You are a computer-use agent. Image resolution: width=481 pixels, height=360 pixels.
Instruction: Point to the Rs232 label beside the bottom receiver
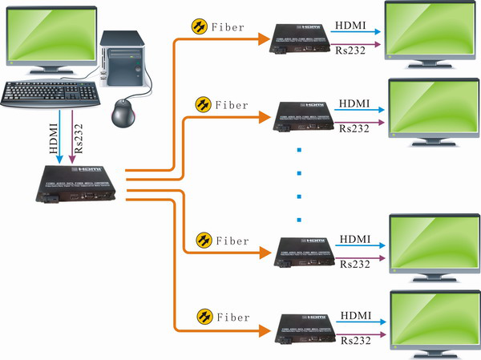click(355, 340)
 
